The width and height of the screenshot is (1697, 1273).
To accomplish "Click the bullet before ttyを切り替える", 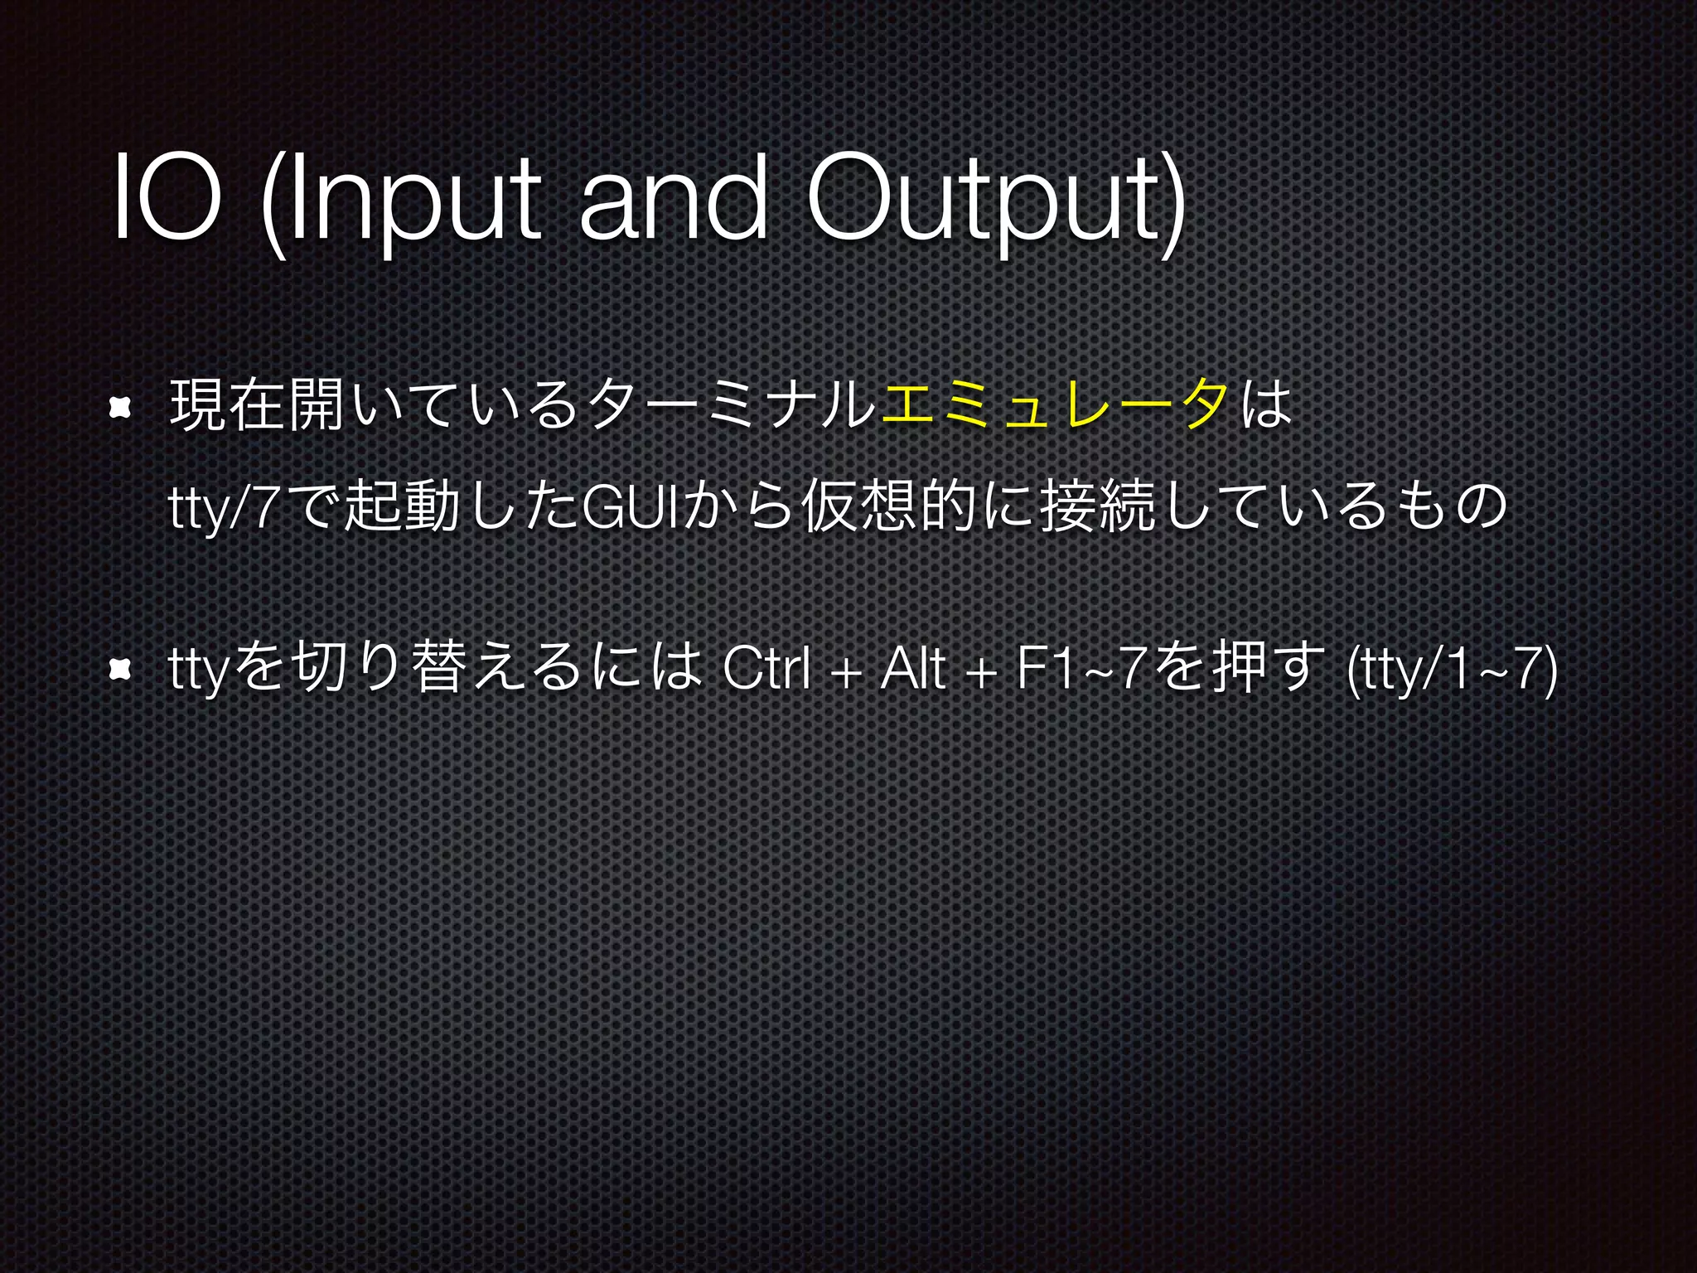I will (121, 668).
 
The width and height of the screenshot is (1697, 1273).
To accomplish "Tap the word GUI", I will (631, 507).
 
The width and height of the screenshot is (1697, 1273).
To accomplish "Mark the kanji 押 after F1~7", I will (1235, 667).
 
